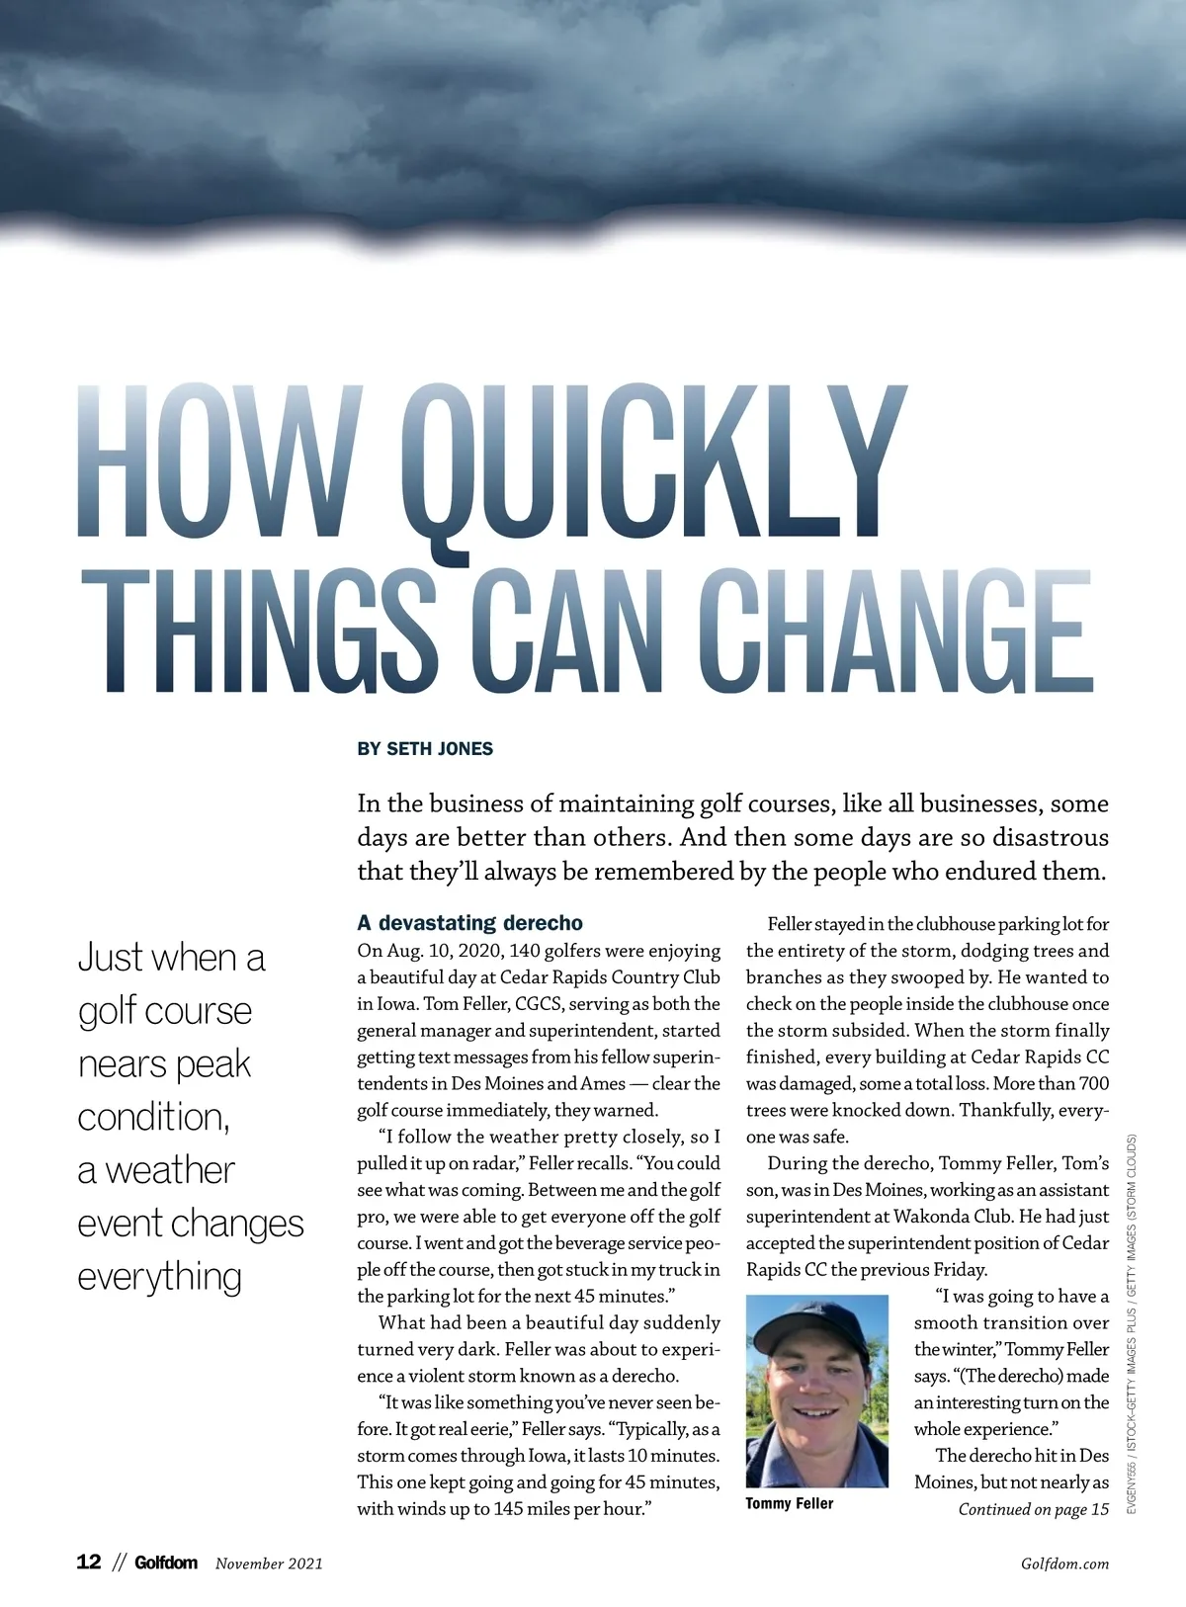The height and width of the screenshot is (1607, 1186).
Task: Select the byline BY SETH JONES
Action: [425, 749]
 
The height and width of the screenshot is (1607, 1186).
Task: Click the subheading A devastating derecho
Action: [469, 923]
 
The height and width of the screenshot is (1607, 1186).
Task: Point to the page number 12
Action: [89, 1563]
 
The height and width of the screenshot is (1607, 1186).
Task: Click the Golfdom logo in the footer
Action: [166, 1563]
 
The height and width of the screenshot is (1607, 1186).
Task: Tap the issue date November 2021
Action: [269, 1564]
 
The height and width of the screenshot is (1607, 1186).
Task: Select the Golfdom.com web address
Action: [1063, 1564]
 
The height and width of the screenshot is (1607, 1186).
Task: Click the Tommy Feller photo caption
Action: [789, 1503]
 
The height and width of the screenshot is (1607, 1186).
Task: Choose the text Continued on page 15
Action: [1033, 1509]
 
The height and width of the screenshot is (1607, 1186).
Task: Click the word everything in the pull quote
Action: [159, 1277]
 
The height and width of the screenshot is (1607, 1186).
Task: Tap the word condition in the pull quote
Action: [152, 1117]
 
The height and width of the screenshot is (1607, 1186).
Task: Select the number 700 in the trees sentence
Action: [1093, 1084]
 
